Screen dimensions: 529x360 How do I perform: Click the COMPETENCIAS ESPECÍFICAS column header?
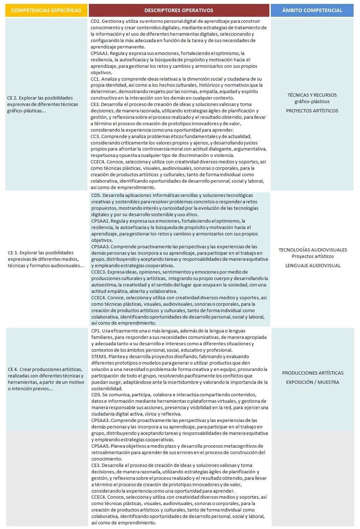point(46,10)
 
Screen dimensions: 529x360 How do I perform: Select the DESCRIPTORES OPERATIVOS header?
point(179,10)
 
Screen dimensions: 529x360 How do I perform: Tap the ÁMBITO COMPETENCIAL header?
point(312,10)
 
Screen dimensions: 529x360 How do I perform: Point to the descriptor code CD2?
point(95,21)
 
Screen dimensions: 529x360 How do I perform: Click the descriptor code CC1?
point(95,79)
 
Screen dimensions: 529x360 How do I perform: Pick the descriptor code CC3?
point(95,136)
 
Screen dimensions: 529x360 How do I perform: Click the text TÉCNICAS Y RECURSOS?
point(312,95)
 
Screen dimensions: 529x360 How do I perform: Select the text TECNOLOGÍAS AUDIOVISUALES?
point(313,250)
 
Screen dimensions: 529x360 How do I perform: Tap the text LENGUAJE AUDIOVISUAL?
point(313,265)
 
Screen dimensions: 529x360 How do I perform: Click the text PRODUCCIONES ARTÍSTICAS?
point(313,373)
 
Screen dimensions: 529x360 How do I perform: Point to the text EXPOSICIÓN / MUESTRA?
point(313,382)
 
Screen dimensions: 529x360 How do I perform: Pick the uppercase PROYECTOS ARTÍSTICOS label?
point(312,111)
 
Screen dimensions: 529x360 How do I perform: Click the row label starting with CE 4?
point(46,379)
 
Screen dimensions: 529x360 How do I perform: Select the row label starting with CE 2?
point(42,104)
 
